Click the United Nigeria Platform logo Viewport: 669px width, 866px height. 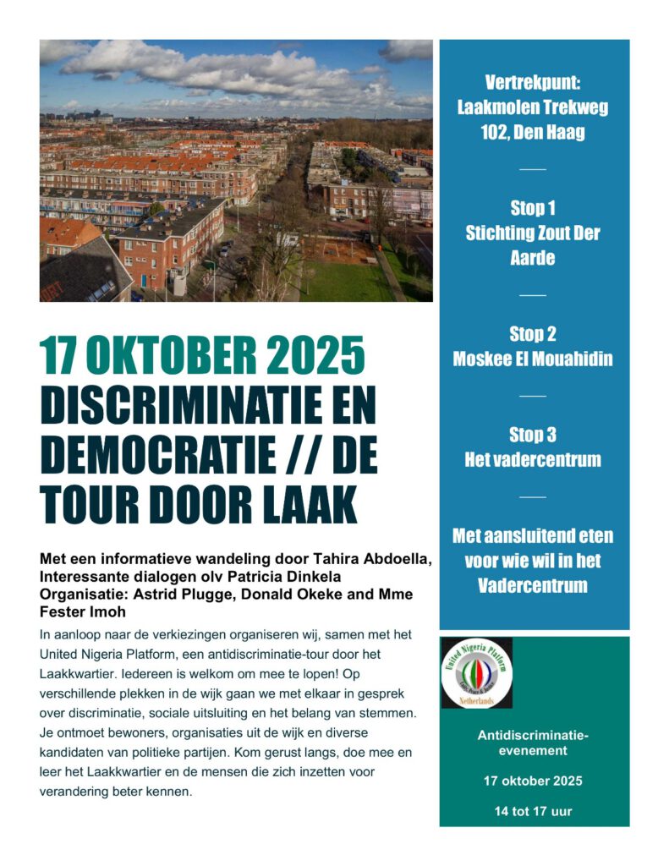coord(477,672)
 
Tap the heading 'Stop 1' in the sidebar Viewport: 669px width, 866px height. coord(533,208)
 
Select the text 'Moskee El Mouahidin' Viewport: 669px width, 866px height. coord(533,359)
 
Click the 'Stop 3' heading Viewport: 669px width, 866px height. coord(533,435)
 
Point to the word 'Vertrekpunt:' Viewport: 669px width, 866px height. coord(533,83)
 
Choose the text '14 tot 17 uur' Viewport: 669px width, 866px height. coord(534,811)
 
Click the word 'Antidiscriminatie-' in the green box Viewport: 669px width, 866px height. coord(534,735)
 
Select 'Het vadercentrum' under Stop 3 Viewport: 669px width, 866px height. coord(533,460)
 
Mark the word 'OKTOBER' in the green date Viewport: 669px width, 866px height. coord(177,358)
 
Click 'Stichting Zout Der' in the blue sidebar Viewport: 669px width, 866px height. coord(533,233)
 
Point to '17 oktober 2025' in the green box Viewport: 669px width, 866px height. coord(534,781)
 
